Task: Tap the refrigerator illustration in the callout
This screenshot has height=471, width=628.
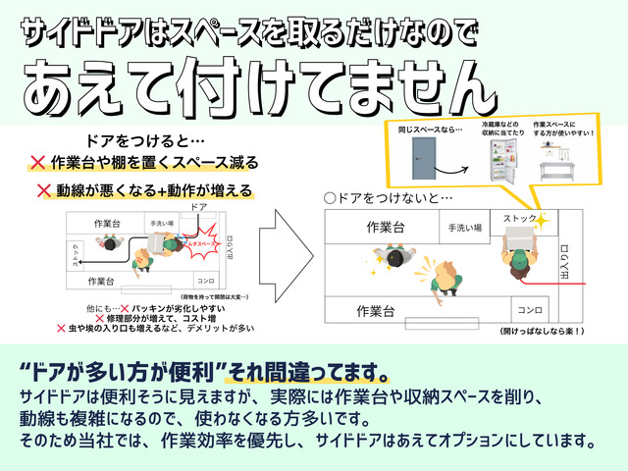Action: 501,162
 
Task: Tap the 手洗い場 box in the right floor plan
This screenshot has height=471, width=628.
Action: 464,228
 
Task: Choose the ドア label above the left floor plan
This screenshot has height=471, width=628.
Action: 198,208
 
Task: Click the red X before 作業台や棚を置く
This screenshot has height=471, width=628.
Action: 37,161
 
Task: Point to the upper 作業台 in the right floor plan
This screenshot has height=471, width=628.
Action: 385,228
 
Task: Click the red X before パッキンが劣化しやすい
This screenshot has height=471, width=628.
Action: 124,307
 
